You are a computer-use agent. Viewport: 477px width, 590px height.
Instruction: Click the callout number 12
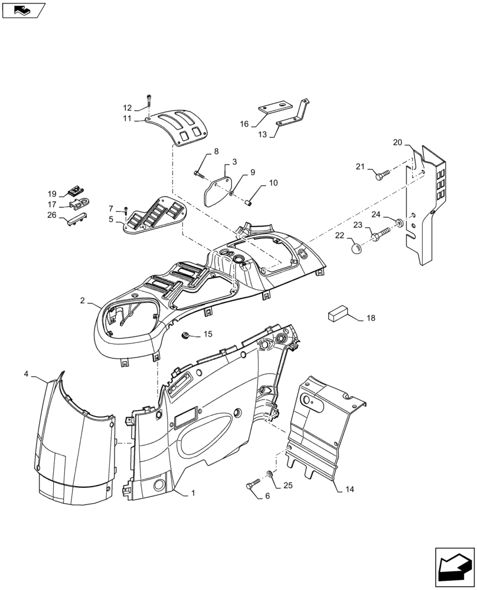[128, 108]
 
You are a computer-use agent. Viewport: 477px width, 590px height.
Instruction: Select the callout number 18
[371, 318]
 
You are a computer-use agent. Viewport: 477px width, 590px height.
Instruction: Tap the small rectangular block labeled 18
[339, 313]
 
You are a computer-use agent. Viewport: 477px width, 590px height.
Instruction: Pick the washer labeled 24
[399, 223]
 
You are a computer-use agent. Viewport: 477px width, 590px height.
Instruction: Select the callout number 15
[208, 335]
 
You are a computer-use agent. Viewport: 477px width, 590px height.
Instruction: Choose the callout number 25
[287, 485]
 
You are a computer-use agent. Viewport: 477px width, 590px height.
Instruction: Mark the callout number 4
[27, 374]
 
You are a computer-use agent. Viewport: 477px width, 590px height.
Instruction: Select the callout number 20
[397, 142]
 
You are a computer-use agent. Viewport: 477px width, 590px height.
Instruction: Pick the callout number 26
[52, 215]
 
